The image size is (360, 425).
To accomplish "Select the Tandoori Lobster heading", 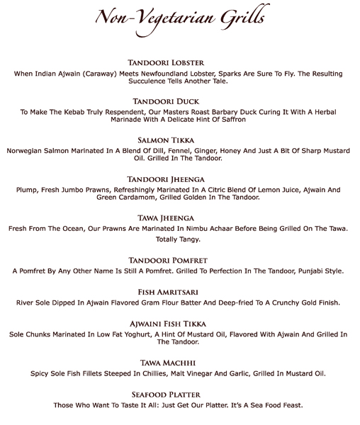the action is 180,63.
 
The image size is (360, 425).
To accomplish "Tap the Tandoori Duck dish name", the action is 180,101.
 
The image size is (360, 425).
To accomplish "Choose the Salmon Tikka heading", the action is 180,140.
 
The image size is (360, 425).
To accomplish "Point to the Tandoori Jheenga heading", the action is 180,178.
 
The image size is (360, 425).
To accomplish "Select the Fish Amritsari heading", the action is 180,292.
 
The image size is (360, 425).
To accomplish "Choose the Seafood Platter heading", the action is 180,394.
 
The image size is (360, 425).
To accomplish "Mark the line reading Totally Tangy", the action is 179,239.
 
